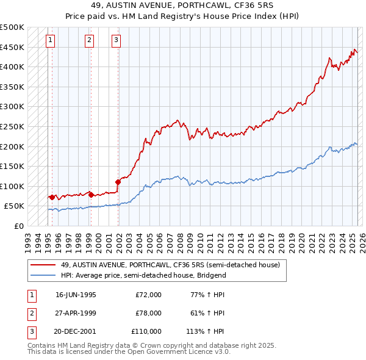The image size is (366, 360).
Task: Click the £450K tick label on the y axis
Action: [x=12, y=47]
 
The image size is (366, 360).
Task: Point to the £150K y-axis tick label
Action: [x=12, y=166]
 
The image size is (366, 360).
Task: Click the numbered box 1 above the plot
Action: [x=50, y=41]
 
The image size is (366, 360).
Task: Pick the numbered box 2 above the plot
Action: [x=89, y=41]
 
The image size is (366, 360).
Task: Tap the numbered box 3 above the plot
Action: [x=116, y=41]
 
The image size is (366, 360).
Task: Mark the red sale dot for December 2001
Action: [x=118, y=181]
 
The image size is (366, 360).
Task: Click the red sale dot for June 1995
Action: [x=52, y=197]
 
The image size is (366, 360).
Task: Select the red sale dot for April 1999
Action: [x=91, y=195]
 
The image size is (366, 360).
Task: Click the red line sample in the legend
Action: [x=43, y=265]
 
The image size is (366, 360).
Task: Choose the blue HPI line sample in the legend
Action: [x=43, y=275]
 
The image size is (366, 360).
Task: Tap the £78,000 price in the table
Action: [x=148, y=313]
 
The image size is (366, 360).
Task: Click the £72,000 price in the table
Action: [x=148, y=295]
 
